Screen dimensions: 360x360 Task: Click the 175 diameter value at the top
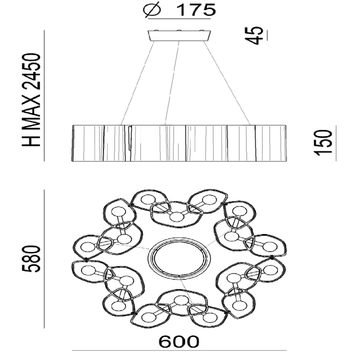196,10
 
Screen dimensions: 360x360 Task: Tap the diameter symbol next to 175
152,10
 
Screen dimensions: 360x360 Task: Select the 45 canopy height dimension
254,35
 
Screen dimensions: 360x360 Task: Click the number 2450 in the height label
31,71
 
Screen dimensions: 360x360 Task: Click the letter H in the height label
31,139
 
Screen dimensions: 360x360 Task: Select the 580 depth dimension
31,258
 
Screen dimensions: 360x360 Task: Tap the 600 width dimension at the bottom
179,342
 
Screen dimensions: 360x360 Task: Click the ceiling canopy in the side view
179,35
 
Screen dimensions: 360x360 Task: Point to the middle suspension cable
172,83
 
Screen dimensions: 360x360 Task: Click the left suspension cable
137,83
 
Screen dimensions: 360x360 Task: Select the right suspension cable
227,83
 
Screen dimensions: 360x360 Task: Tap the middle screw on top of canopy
179,30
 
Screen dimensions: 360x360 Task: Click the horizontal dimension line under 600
179,350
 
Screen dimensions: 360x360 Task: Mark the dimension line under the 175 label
179,18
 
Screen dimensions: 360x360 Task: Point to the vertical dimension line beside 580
44,259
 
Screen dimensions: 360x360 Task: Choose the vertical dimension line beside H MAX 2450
44,95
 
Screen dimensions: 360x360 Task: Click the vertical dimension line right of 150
336,143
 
